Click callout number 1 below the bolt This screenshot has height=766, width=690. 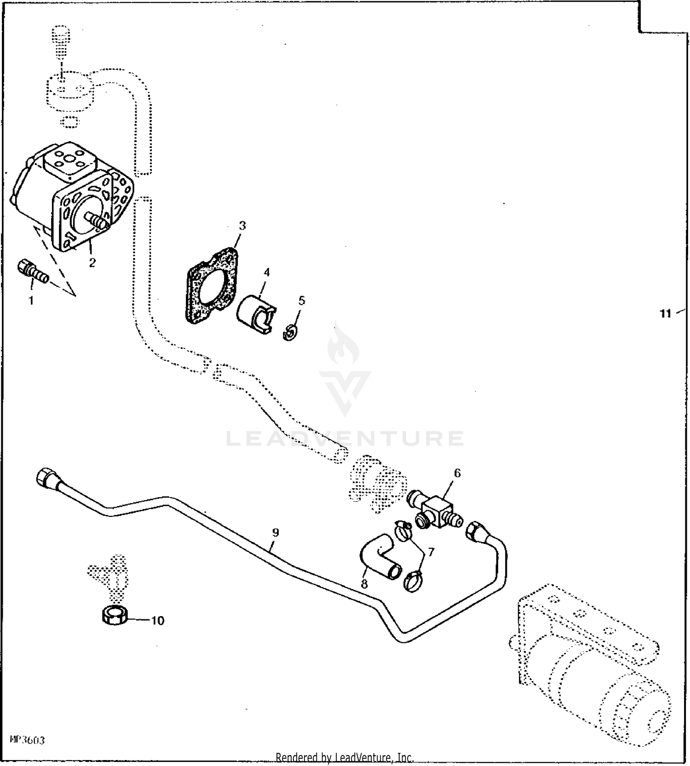pyautogui.click(x=31, y=301)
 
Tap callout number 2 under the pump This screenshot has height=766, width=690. pyautogui.click(x=92, y=263)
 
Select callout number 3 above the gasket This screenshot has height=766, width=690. pyautogui.click(x=242, y=226)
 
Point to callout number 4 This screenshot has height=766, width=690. pyautogui.click(x=266, y=272)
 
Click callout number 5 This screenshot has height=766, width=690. pyautogui.click(x=301, y=300)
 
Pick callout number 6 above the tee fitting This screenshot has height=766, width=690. pyautogui.click(x=457, y=473)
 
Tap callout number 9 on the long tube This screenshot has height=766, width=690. pyautogui.click(x=275, y=532)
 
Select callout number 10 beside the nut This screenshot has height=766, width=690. pyautogui.click(x=157, y=621)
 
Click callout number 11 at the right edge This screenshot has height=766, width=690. pyautogui.click(x=665, y=314)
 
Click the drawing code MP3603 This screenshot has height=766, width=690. pyautogui.click(x=28, y=741)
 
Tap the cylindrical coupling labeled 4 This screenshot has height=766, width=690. pyautogui.click(x=254, y=314)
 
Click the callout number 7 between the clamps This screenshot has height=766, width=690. pyautogui.click(x=431, y=552)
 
